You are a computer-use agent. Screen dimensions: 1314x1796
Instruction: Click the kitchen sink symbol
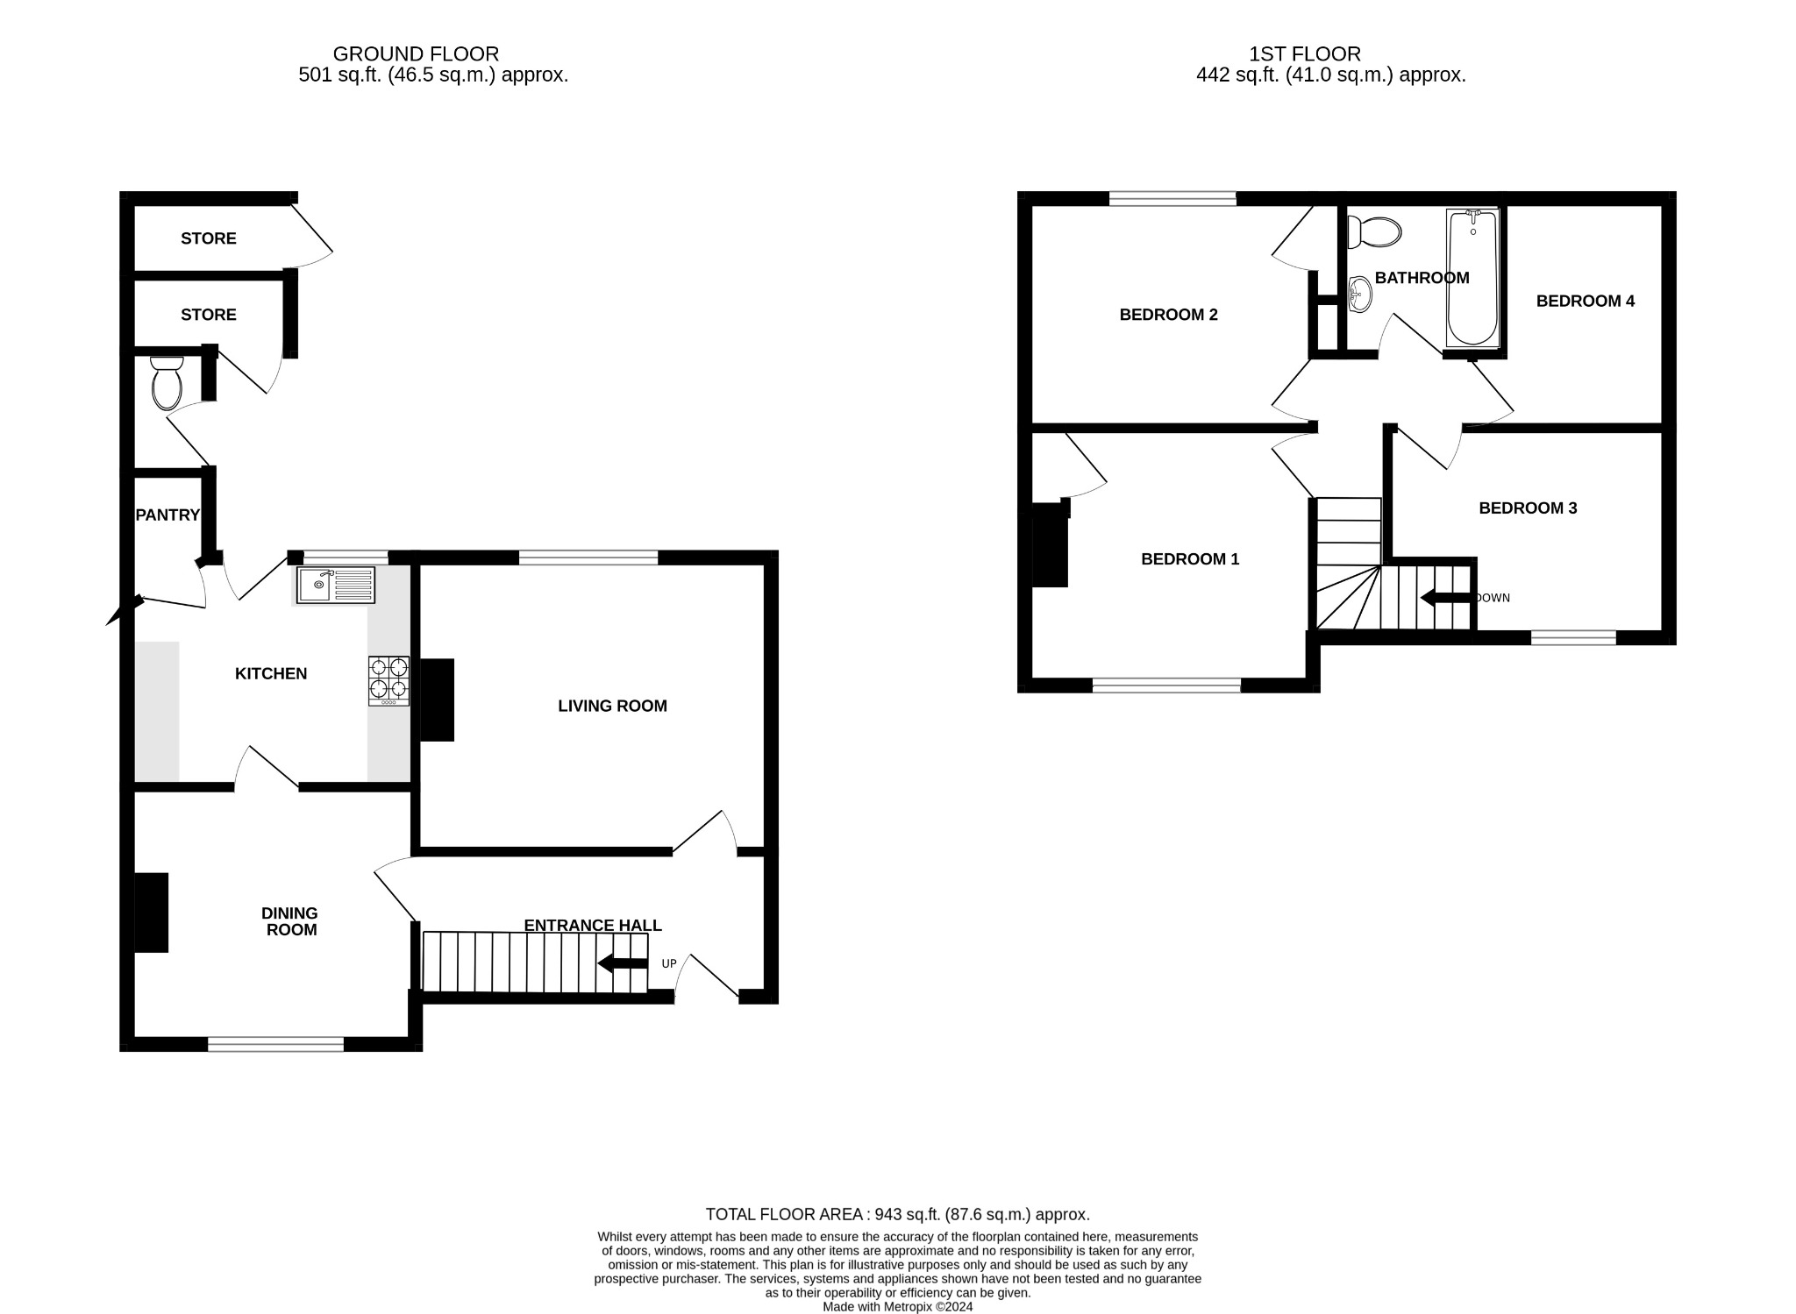point(335,585)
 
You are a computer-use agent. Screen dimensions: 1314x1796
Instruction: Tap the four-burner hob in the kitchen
point(388,680)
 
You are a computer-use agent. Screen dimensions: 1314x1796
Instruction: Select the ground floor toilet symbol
point(167,384)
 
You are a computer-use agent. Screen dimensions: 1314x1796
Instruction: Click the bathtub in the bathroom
point(1472,278)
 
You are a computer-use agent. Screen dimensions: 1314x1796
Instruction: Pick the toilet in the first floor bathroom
point(1374,232)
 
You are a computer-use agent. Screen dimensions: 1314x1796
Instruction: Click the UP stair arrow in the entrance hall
point(623,963)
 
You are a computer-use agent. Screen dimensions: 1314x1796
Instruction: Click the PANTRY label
point(167,515)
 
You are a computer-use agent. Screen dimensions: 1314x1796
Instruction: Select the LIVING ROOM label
point(612,706)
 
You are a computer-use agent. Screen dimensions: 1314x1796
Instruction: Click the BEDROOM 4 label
point(1585,301)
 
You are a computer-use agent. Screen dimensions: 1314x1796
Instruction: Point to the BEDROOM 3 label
point(1528,508)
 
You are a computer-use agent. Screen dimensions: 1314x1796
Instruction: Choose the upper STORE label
point(209,238)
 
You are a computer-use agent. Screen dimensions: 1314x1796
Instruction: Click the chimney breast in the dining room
point(151,913)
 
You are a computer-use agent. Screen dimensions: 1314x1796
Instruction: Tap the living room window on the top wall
point(588,558)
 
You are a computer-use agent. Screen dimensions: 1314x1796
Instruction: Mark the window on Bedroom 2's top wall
point(1172,199)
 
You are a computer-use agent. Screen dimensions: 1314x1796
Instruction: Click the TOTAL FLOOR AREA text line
point(897,1214)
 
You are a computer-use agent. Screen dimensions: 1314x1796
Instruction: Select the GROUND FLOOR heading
point(416,54)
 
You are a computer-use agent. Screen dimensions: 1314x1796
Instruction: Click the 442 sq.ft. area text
point(1330,75)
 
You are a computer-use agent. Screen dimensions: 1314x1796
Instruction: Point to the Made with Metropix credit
point(897,1306)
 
